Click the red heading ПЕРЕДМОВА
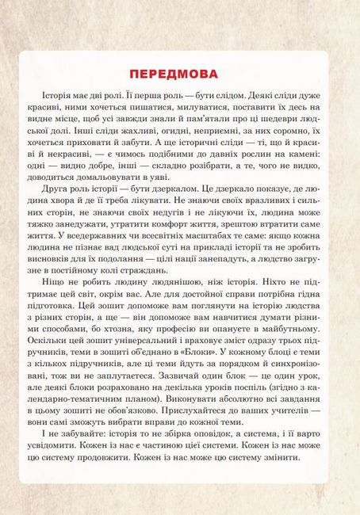[x=180, y=74]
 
